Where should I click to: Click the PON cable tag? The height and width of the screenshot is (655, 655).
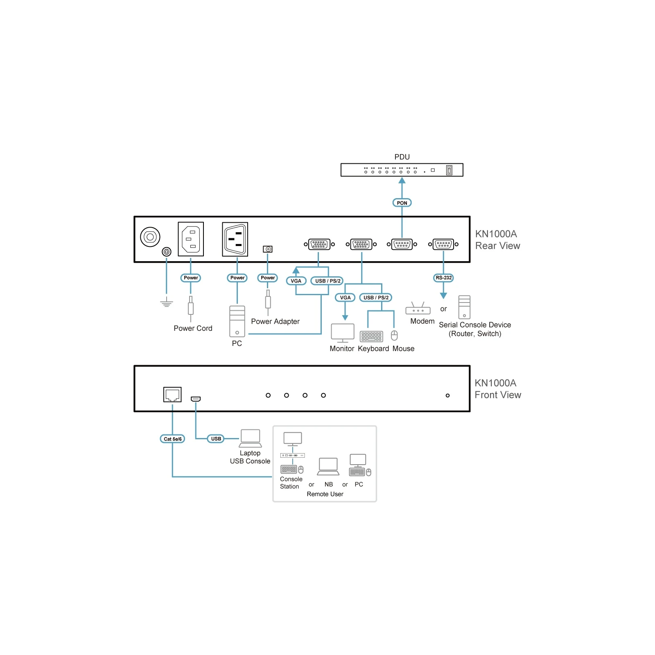point(402,203)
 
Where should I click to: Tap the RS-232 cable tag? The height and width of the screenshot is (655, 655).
point(443,278)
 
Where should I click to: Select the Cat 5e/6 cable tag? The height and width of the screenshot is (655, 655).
point(172,439)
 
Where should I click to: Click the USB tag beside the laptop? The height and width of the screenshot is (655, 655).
point(216,438)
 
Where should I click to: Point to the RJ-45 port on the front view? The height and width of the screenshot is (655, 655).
point(172,395)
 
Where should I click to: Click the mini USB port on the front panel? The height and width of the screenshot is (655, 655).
point(196,399)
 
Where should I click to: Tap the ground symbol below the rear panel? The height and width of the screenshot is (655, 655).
point(166,304)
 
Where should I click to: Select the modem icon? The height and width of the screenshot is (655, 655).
point(418,308)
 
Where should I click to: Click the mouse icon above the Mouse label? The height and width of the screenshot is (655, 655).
point(394,336)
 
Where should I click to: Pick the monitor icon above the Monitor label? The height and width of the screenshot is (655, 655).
point(343,333)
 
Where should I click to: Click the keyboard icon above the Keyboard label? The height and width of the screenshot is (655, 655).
point(371,336)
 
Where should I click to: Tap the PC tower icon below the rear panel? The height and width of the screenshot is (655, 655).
point(237,321)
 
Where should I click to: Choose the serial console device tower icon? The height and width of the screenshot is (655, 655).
point(464,307)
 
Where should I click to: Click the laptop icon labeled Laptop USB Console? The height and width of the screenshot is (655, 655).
point(250,438)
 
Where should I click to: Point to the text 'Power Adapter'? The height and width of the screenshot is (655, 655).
point(275,321)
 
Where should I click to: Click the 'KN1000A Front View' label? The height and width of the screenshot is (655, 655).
point(497,389)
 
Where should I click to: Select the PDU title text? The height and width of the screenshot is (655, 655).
point(402,157)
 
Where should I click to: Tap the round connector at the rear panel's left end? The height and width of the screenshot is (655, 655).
point(150,237)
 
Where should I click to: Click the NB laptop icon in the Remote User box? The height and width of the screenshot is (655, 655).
point(328,467)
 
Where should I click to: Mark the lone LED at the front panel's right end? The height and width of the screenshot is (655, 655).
point(447,395)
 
